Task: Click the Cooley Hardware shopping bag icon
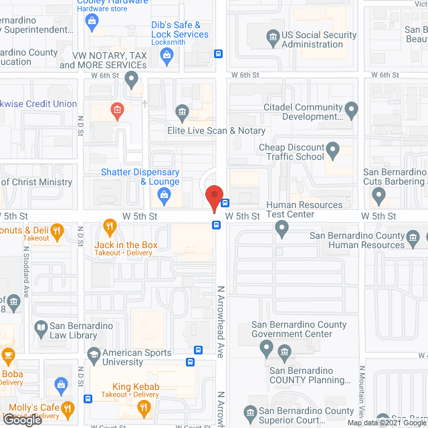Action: point(92,22)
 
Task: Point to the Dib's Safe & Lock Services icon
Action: point(167,59)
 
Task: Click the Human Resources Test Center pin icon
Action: point(282,229)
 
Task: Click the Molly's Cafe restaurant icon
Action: point(68,409)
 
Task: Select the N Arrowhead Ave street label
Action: point(221,321)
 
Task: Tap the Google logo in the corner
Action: point(21,419)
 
